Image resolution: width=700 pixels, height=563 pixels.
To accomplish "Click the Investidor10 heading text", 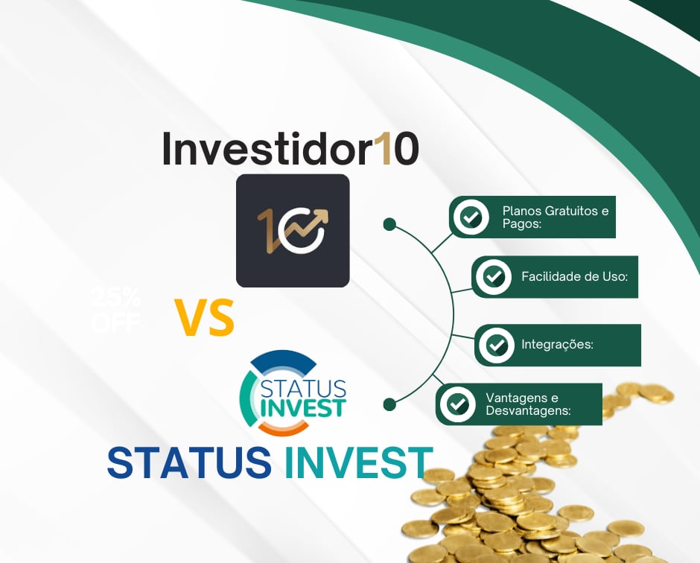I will point(290,150).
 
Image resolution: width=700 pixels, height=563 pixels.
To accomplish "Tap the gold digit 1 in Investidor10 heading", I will point(381,150).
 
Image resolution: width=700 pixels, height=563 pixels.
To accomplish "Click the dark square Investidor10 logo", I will point(293,230).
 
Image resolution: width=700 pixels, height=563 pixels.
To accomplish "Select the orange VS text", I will point(205,317).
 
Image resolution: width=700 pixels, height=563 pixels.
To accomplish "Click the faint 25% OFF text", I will point(115,311).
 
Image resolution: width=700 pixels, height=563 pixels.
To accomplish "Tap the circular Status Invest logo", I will point(292,392).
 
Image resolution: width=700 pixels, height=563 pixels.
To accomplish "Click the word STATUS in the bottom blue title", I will point(190,462).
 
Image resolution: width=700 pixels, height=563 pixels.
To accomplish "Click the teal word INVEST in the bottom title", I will point(358,462).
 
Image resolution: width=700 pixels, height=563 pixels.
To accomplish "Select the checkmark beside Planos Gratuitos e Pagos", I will point(470,217).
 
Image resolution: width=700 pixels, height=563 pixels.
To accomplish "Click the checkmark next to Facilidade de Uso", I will point(493,277).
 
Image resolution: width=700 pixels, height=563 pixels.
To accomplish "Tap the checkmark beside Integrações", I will point(496,345).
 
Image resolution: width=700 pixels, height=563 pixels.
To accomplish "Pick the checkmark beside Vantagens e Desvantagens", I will point(457,404).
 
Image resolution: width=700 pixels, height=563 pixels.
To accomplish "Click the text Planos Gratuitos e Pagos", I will point(555,217).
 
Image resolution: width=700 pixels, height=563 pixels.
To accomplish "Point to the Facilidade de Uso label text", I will point(575,277).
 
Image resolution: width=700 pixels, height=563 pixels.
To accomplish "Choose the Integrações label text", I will point(557,345).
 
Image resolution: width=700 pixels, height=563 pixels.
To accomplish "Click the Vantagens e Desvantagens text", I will point(528,404).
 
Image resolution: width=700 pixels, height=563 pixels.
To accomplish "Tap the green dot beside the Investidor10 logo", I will point(389,224).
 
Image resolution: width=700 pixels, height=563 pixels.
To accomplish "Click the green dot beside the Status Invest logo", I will point(389,404).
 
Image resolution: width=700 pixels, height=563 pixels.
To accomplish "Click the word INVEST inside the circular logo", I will point(302,407).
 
